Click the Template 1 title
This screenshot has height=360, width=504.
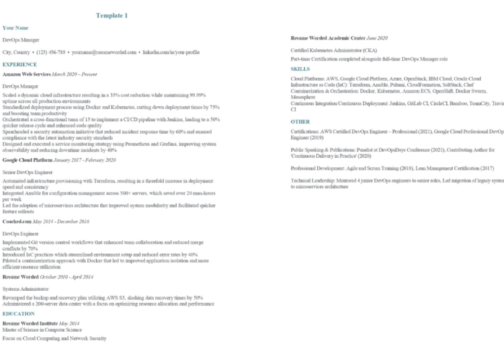coord(112,15)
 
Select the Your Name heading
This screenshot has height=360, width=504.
coord(15,28)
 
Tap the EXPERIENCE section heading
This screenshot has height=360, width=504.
coord(19,64)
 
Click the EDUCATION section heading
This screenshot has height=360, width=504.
coord(19,314)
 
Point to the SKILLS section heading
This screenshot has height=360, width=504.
coord(300,69)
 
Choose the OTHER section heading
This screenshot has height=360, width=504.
coord(300,122)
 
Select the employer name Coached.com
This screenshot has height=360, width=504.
coord(18,221)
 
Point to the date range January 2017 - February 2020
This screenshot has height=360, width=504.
coord(84,161)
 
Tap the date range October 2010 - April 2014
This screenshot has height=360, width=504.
coord(67,277)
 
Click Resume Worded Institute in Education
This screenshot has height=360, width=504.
coord(30,323)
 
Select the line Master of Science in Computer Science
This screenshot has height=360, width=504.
coord(42,330)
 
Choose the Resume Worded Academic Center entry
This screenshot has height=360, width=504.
coord(328,38)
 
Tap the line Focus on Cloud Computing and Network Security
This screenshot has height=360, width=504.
coord(54,339)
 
